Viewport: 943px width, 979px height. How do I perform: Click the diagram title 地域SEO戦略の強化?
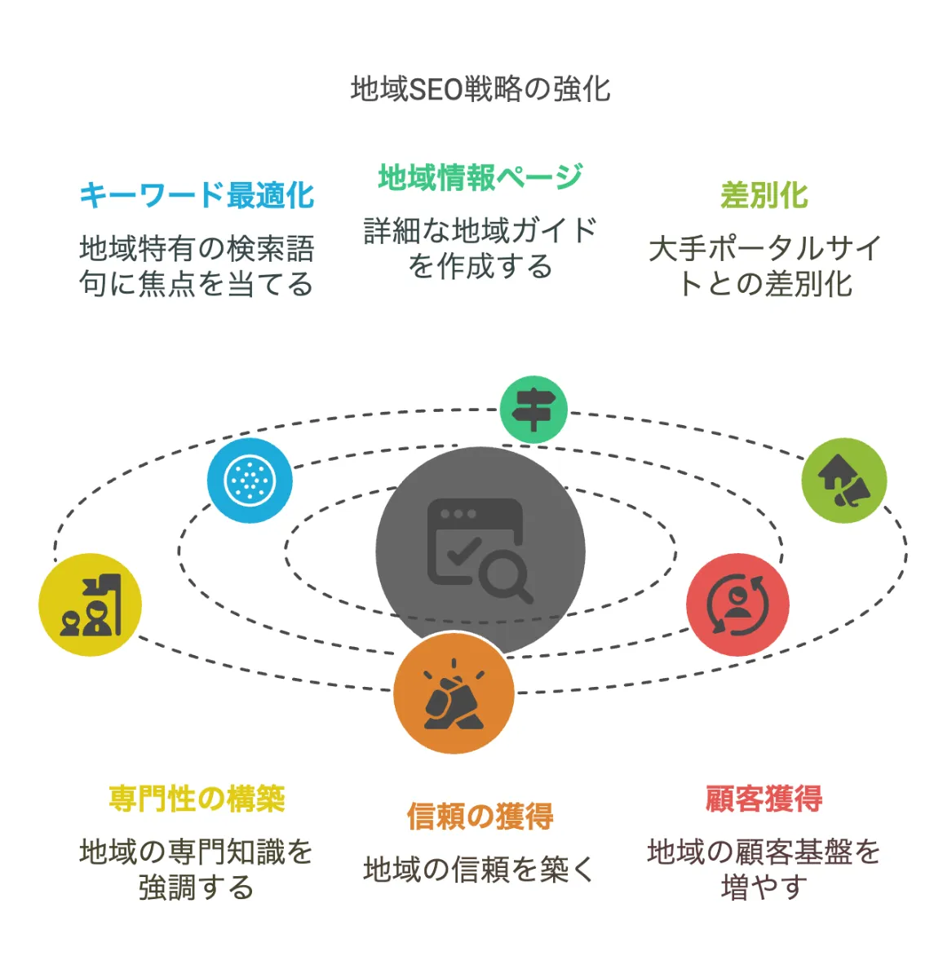pos(480,89)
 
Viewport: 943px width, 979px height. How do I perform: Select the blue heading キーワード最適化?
pos(197,196)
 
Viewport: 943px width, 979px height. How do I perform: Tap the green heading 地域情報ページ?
pos(480,177)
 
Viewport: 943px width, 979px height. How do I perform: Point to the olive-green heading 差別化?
pos(764,196)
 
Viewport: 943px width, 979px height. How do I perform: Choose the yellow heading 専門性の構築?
pos(197,798)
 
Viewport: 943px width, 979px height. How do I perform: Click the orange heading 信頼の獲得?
pos(480,816)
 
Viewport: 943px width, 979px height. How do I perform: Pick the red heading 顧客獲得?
pos(764,798)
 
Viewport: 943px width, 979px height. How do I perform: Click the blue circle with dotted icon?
pos(250,480)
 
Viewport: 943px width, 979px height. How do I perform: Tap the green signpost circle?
pos(533,410)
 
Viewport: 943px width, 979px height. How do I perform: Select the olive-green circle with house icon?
pos(843,481)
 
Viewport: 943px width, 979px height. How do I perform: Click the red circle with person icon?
pos(737,605)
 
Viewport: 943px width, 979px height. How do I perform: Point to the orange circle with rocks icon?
pos(454,694)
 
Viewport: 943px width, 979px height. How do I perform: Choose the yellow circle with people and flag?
pos(91,605)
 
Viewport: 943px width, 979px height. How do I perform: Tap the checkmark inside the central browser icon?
pos(463,552)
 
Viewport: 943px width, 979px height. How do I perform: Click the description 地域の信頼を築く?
pos(480,870)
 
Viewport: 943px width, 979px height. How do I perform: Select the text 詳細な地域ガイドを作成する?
pos(480,249)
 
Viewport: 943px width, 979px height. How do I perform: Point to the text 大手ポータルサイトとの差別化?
pos(764,266)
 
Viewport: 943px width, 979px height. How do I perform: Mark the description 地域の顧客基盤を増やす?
pos(764,869)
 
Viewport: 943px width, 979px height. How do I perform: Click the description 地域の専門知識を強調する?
pos(197,869)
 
